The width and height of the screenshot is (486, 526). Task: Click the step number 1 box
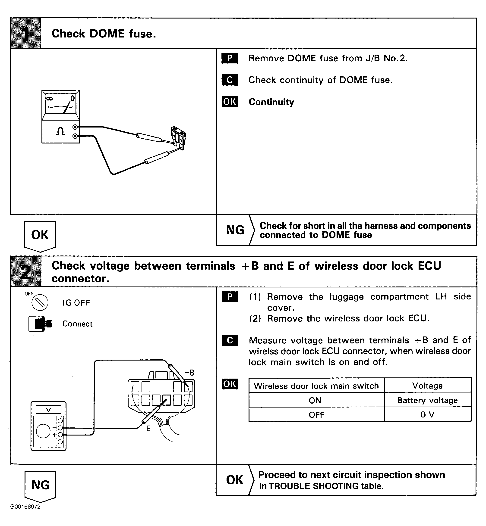click(25, 33)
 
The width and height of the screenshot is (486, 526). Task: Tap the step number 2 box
click(25, 272)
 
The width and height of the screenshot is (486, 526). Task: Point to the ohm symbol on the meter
click(60, 131)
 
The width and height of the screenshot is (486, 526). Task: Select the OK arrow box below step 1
click(40, 235)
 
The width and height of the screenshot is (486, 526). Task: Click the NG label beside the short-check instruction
click(235, 230)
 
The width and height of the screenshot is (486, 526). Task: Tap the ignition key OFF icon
click(40, 302)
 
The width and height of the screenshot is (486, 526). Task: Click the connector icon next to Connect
click(40, 324)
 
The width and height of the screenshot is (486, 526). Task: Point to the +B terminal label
click(189, 373)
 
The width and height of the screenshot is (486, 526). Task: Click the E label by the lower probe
click(148, 429)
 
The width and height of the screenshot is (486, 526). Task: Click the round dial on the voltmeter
click(43, 431)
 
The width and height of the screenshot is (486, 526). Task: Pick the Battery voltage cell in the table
click(427, 400)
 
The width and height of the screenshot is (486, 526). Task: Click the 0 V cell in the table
click(427, 415)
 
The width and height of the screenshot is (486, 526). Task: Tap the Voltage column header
click(427, 386)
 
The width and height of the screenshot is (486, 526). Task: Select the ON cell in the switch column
click(315, 400)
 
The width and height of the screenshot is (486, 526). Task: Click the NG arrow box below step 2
click(41, 485)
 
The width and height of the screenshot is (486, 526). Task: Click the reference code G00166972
click(25, 507)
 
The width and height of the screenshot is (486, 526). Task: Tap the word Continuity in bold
click(271, 102)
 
